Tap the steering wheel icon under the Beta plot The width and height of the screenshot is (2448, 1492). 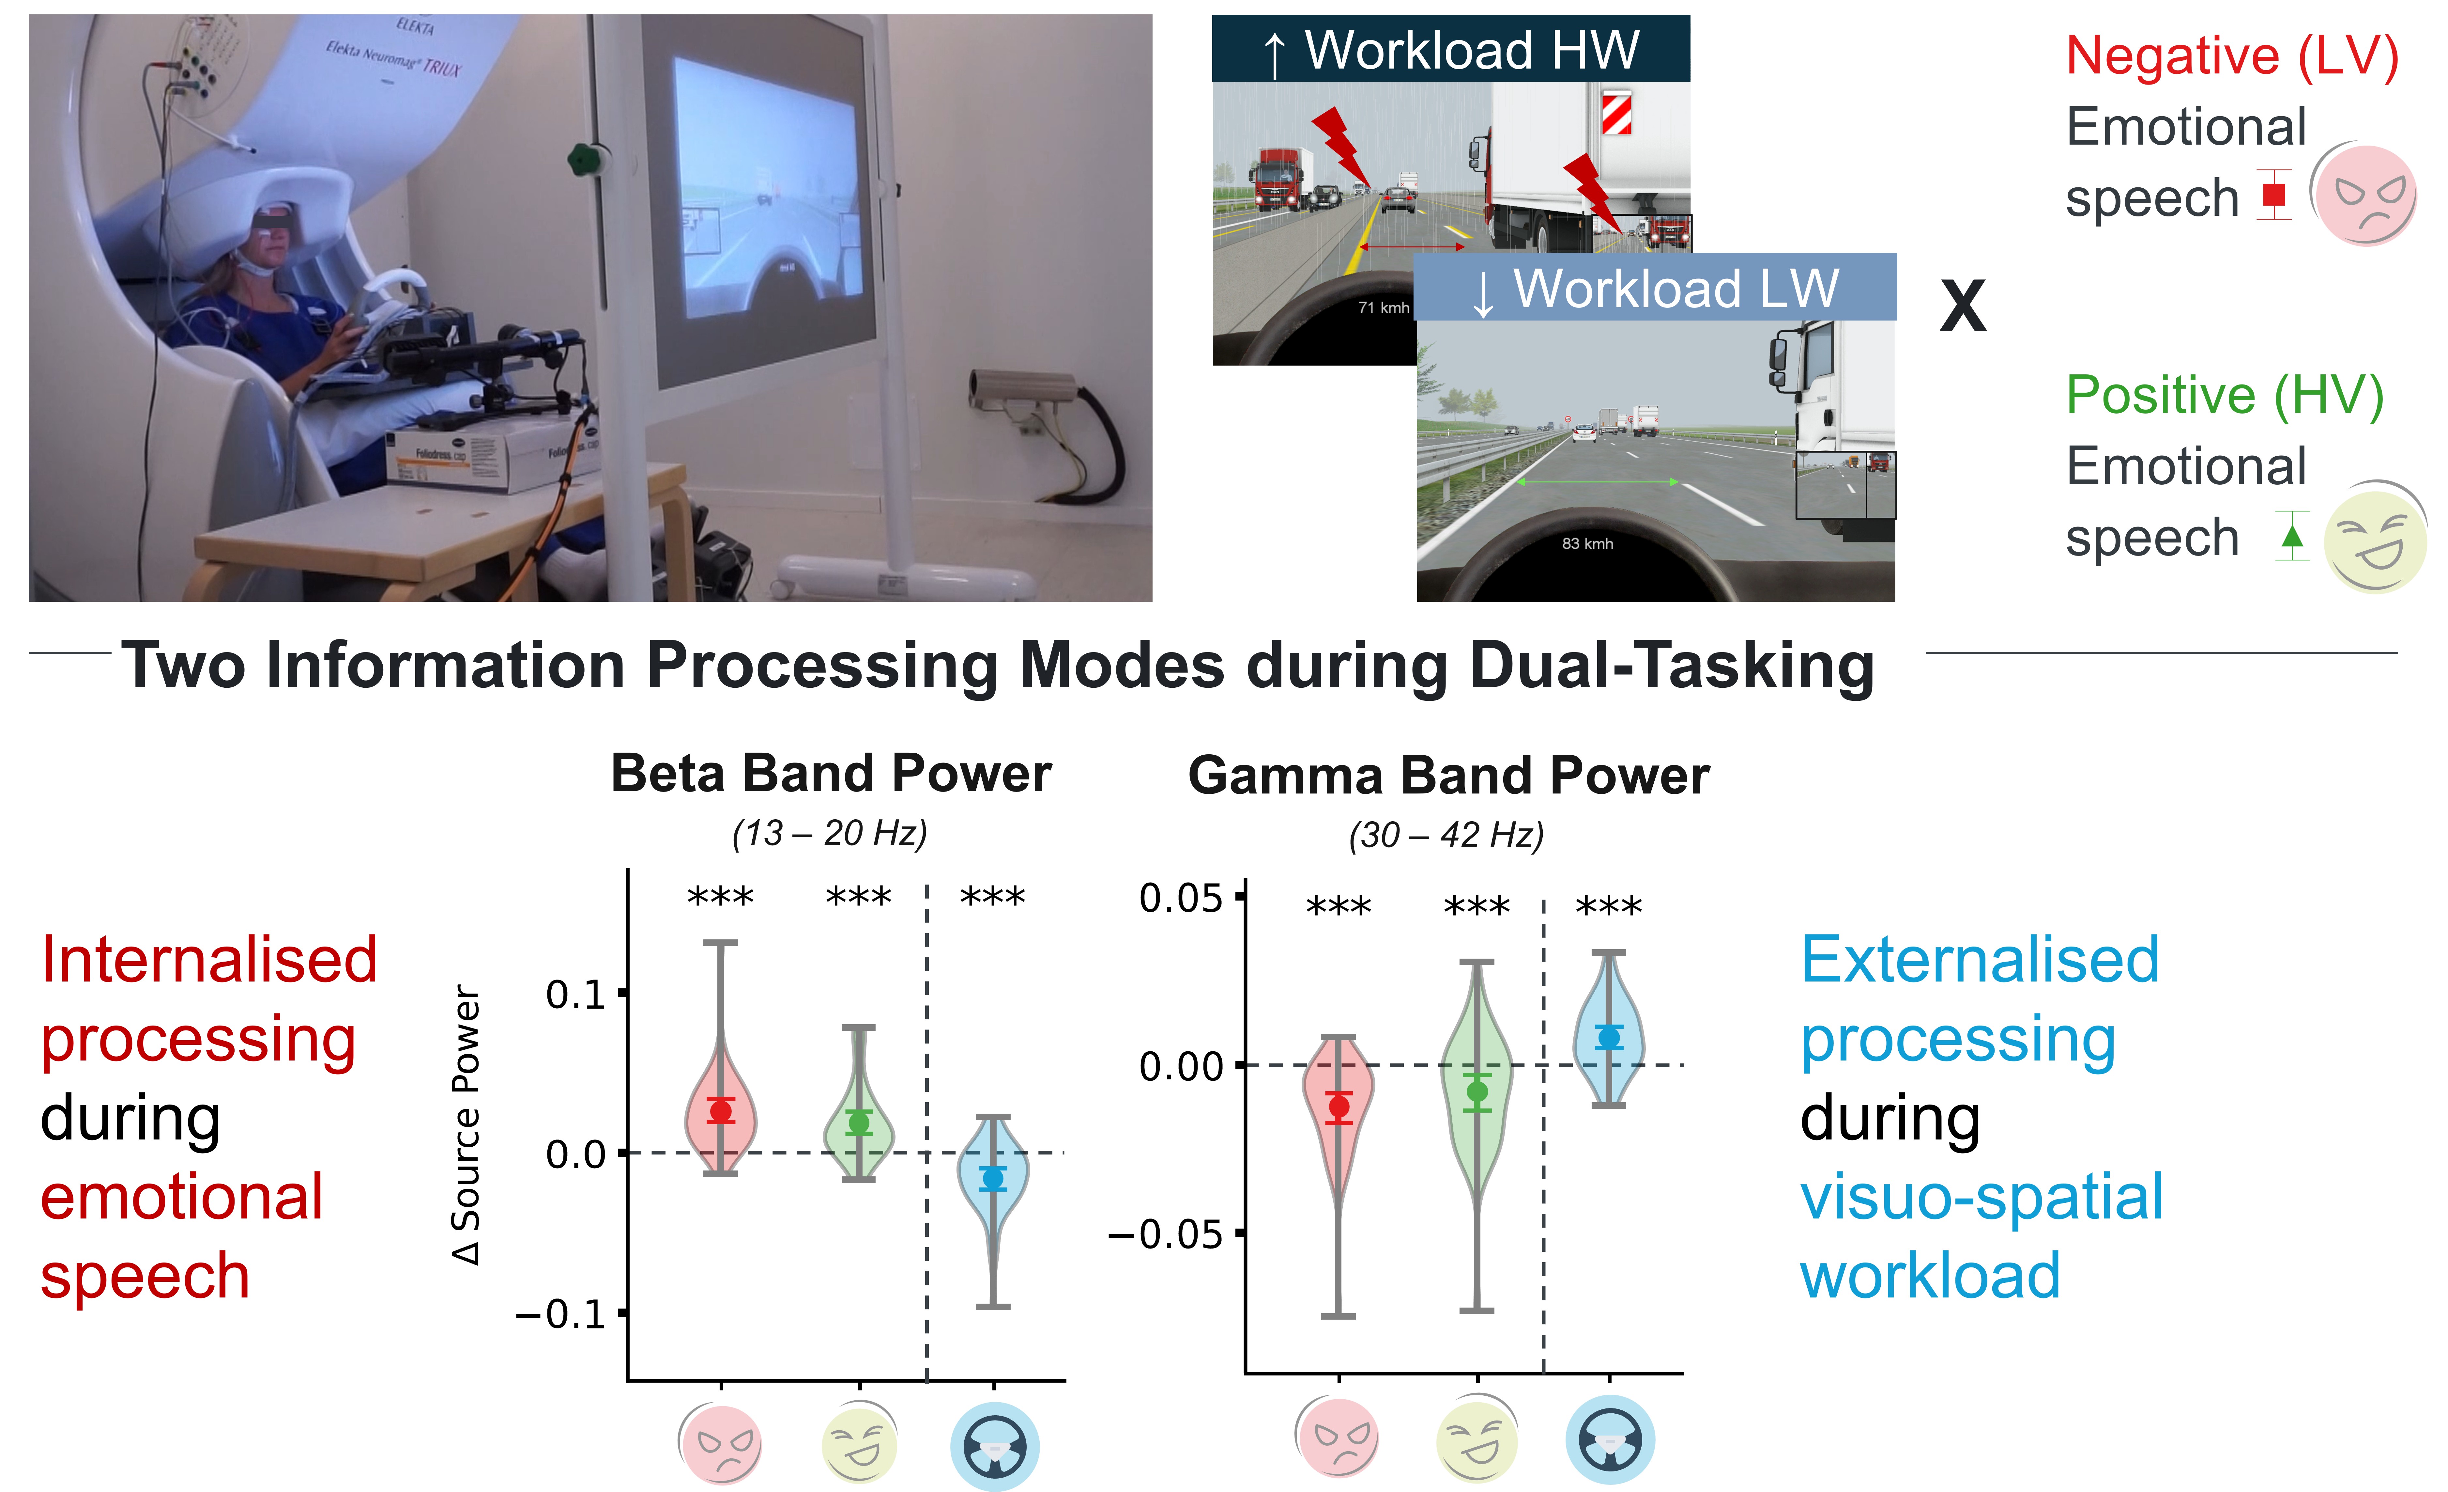click(x=994, y=1446)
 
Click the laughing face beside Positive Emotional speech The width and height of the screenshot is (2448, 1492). click(x=2375, y=538)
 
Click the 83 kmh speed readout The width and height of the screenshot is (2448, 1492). click(x=1588, y=544)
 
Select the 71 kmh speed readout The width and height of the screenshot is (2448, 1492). click(x=1384, y=308)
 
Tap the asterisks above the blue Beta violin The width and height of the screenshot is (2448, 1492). click(x=992, y=898)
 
